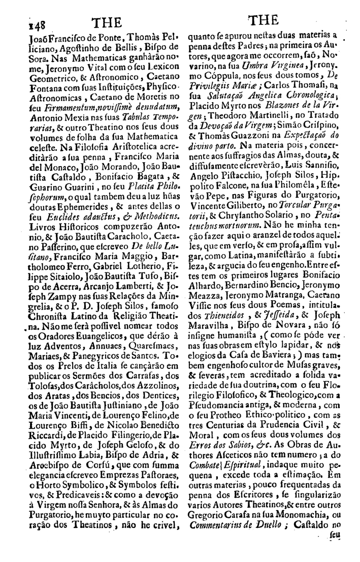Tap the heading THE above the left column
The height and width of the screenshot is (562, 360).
point(107,22)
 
